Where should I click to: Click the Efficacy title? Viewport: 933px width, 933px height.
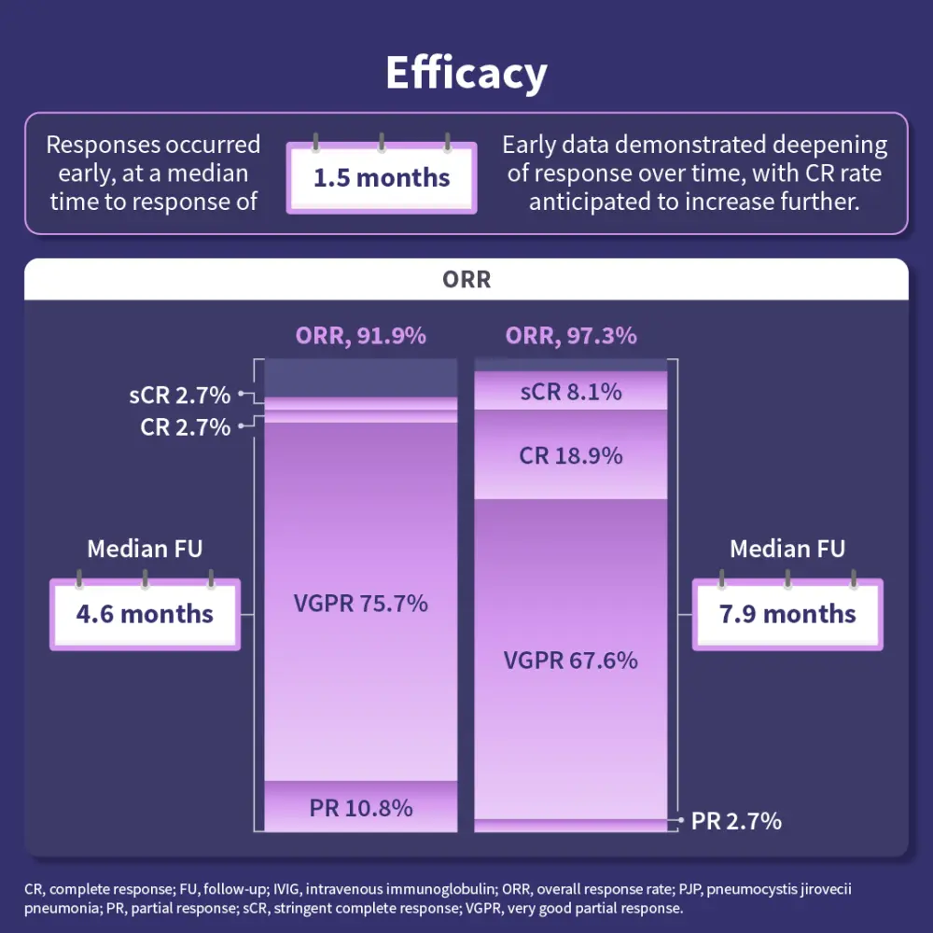[466, 73]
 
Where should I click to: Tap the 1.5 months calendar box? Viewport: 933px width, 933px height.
[382, 177]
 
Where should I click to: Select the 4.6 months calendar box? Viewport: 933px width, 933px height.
[145, 614]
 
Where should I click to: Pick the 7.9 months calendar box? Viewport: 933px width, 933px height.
[787, 614]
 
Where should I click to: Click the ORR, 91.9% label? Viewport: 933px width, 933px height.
[361, 336]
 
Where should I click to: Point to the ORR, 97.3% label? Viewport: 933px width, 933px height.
[571, 336]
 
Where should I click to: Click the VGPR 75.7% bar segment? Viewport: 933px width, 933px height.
[361, 603]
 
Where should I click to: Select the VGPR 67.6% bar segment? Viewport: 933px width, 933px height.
[571, 661]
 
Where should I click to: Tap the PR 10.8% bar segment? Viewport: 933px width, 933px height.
[361, 807]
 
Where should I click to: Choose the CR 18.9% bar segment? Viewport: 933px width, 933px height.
[571, 455]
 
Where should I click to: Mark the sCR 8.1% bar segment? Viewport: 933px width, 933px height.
[571, 392]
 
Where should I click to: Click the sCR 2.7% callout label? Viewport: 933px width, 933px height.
[179, 395]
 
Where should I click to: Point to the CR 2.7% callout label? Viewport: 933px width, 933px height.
[185, 427]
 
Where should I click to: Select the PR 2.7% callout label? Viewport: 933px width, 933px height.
[736, 821]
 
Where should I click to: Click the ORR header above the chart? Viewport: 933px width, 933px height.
[466, 280]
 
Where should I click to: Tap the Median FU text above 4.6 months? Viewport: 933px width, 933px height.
[145, 549]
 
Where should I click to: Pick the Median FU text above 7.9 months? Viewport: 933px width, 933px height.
[787, 549]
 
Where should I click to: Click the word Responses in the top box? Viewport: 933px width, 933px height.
[103, 145]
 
